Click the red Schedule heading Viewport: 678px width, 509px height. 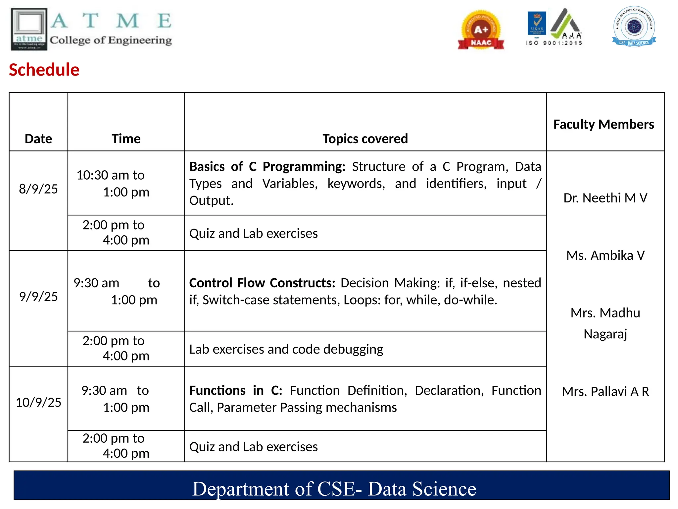coord(44,70)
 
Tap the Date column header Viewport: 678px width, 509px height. coord(38,139)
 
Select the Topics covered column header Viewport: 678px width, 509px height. coord(365,139)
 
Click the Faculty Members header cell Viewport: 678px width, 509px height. coord(604,124)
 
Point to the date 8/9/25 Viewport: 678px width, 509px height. coord(38,189)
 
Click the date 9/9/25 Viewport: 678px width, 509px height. coord(38,297)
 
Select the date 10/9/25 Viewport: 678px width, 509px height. coord(38,402)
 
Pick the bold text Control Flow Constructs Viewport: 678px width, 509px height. coord(262,283)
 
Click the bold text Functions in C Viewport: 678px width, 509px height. coord(235,390)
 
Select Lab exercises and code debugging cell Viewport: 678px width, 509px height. coord(286,349)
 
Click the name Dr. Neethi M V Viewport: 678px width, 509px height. coord(605,198)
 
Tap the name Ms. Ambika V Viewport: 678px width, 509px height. coord(605,255)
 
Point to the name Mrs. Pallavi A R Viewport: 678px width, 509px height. coord(605,391)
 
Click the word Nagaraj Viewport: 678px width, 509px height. coord(605,334)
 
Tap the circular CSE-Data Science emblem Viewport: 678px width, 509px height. coord(634,27)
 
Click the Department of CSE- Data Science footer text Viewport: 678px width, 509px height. coord(334,489)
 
